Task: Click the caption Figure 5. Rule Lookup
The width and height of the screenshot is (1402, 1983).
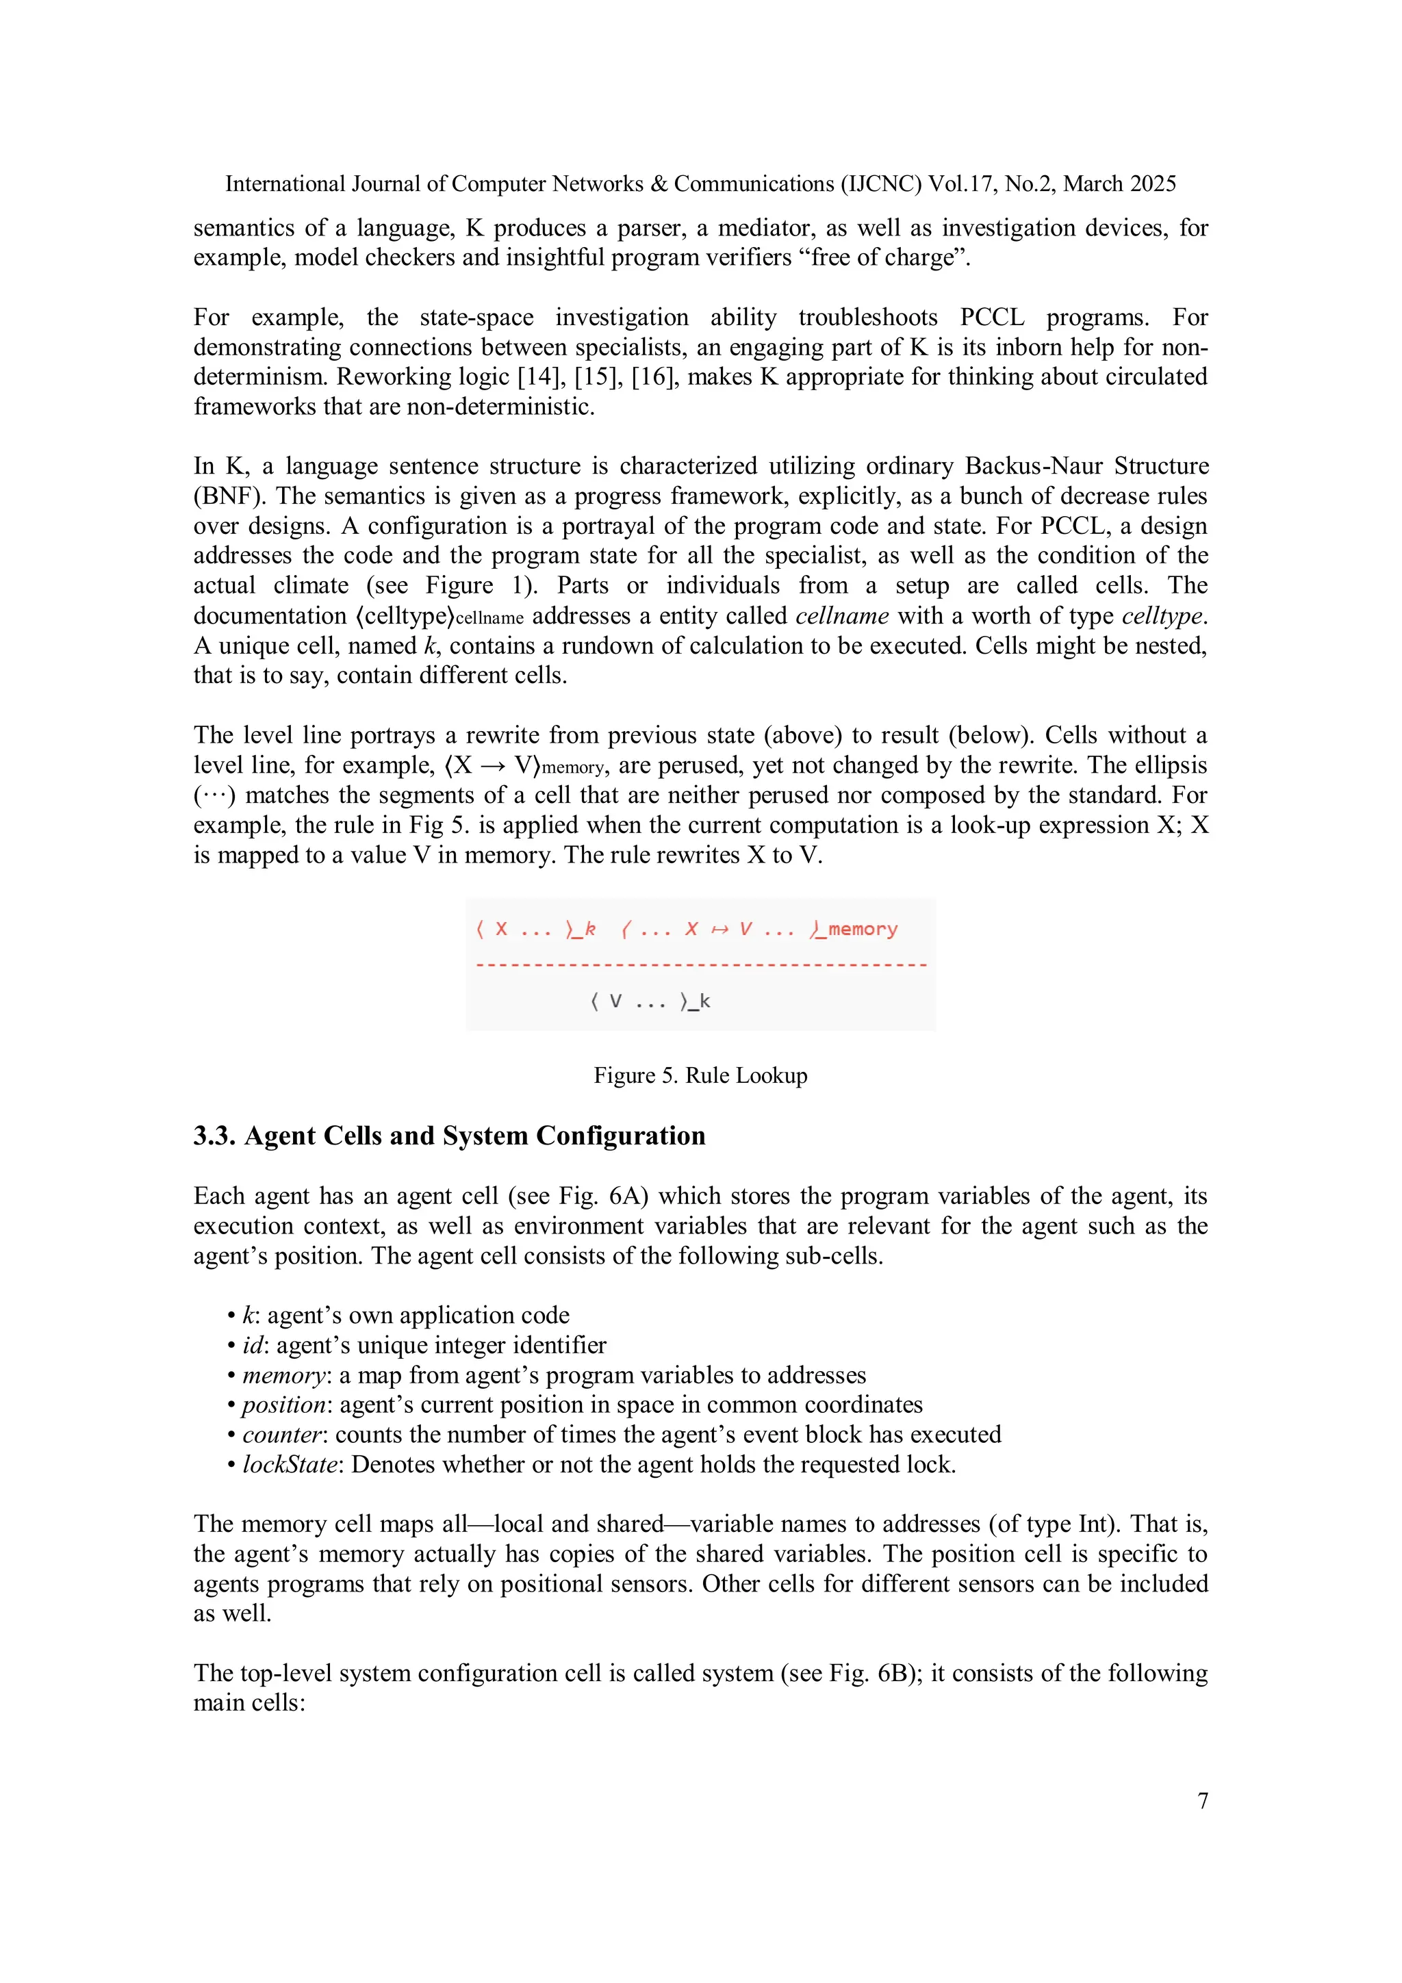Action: (x=700, y=1075)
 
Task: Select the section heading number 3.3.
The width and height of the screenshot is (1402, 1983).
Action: (x=214, y=1136)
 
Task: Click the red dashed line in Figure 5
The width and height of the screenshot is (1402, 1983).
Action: (x=700, y=964)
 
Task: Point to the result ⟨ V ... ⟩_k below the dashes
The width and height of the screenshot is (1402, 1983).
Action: (x=650, y=1002)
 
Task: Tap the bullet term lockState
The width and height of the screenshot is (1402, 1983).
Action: (x=290, y=1465)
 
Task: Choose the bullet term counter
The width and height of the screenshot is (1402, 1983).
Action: (x=281, y=1435)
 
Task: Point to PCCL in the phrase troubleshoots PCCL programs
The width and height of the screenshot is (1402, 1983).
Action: (x=992, y=318)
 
